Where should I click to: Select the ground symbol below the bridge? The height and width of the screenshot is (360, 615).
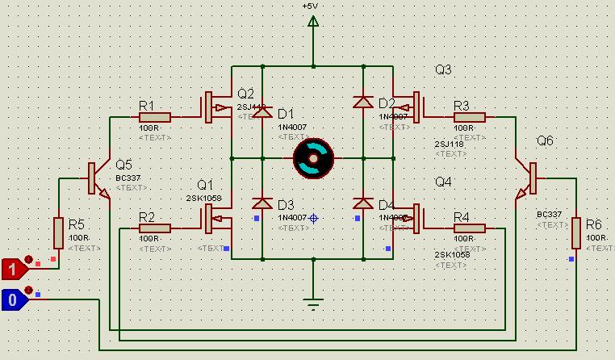pos(313,304)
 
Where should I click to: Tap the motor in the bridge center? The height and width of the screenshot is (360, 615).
pos(313,158)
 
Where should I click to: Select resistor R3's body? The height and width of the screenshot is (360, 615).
pos(469,117)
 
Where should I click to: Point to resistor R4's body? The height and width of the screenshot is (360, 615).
pos(469,228)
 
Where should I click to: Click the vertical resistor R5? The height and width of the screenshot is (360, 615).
pos(59,232)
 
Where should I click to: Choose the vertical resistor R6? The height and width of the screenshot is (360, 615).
pos(575,232)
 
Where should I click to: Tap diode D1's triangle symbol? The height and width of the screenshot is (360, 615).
pos(262,113)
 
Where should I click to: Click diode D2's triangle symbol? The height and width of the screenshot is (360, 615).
pos(363,103)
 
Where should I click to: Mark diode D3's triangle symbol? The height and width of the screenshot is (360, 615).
pos(262,203)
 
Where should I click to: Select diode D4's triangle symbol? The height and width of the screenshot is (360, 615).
pos(363,203)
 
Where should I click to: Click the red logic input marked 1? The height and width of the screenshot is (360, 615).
pos(14,267)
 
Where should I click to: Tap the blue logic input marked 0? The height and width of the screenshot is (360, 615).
pos(14,299)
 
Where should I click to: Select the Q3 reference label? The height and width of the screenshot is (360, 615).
pos(443,70)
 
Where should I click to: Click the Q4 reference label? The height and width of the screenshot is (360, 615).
pos(443,182)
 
